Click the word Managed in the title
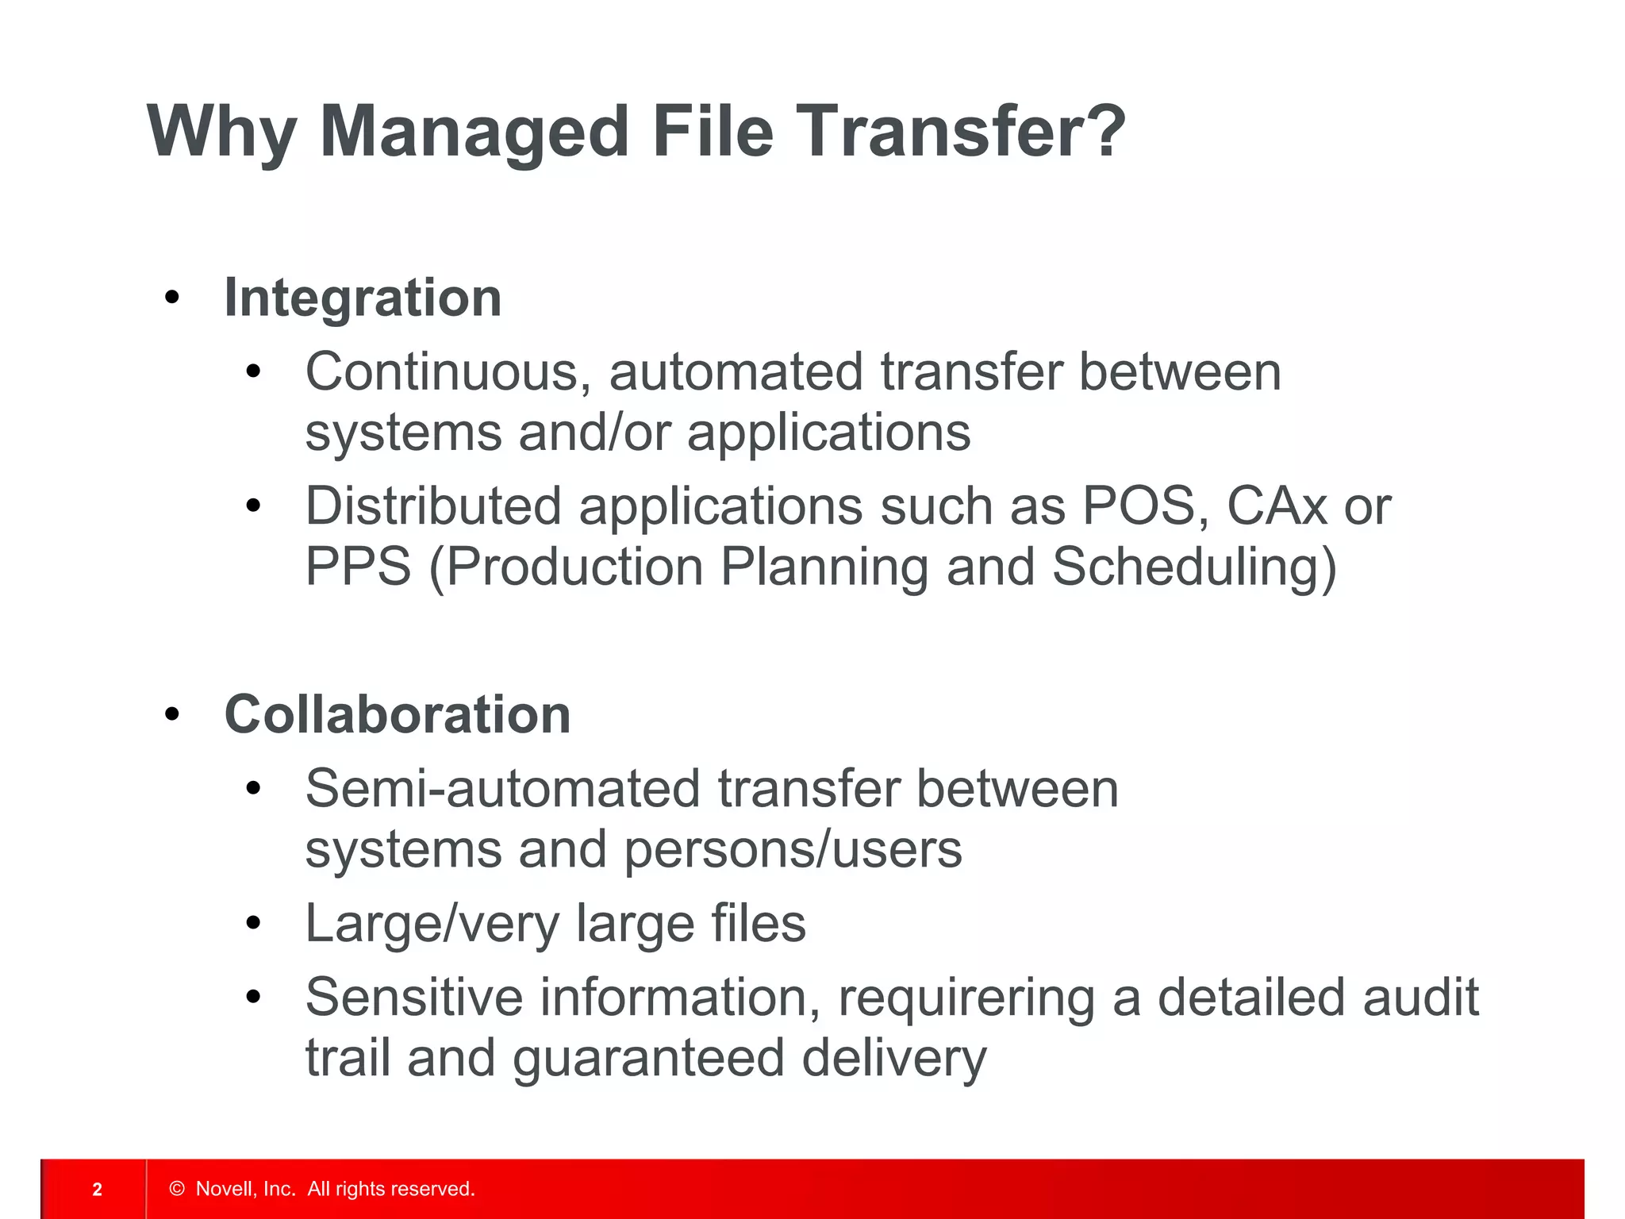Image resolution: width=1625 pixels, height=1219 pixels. [x=474, y=131]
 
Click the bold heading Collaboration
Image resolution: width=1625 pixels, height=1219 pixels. [x=398, y=714]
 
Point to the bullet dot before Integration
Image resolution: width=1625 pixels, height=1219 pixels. [x=172, y=298]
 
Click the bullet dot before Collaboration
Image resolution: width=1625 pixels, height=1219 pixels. [x=172, y=715]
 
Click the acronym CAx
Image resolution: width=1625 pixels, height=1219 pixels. [x=1276, y=506]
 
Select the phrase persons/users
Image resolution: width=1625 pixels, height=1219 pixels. [x=793, y=849]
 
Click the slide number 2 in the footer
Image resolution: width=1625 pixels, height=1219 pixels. [x=97, y=1189]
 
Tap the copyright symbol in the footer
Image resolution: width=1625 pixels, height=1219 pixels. [x=177, y=1189]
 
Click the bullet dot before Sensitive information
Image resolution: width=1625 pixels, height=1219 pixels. [x=253, y=998]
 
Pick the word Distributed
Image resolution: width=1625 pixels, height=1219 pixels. [x=433, y=506]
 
